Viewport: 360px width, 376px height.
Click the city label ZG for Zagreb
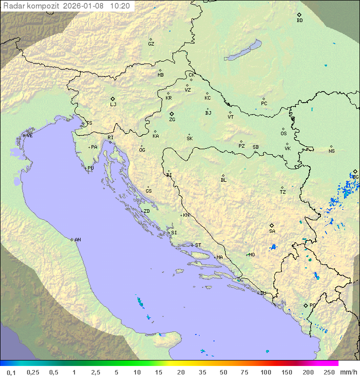(x=172, y=120)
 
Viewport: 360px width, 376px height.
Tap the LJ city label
(x=113, y=105)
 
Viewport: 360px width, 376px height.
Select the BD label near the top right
(x=299, y=21)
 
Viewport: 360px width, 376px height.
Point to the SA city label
(x=272, y=231)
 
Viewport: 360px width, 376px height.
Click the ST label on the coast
(x=198, y=245)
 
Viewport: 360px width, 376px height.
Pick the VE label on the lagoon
(x=29, y=136)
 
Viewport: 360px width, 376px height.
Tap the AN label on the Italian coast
(x=77, y=240)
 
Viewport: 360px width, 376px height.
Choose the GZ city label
(x=151, y=44)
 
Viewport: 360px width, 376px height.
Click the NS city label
(x=331, y=151)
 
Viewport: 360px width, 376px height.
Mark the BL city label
(x=223, y=180)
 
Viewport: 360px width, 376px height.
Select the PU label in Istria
(x=90, y=168)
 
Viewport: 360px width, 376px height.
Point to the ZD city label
(x=146, y=211)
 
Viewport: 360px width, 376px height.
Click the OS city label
(x=283, y=134)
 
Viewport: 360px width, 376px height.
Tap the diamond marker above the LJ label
(x=113, y=99)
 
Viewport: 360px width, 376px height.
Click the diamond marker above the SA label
(x=272, y=225)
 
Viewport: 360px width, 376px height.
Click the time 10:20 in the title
(x=120, y=6)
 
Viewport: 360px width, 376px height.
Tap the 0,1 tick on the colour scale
(x=11, y=372)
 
